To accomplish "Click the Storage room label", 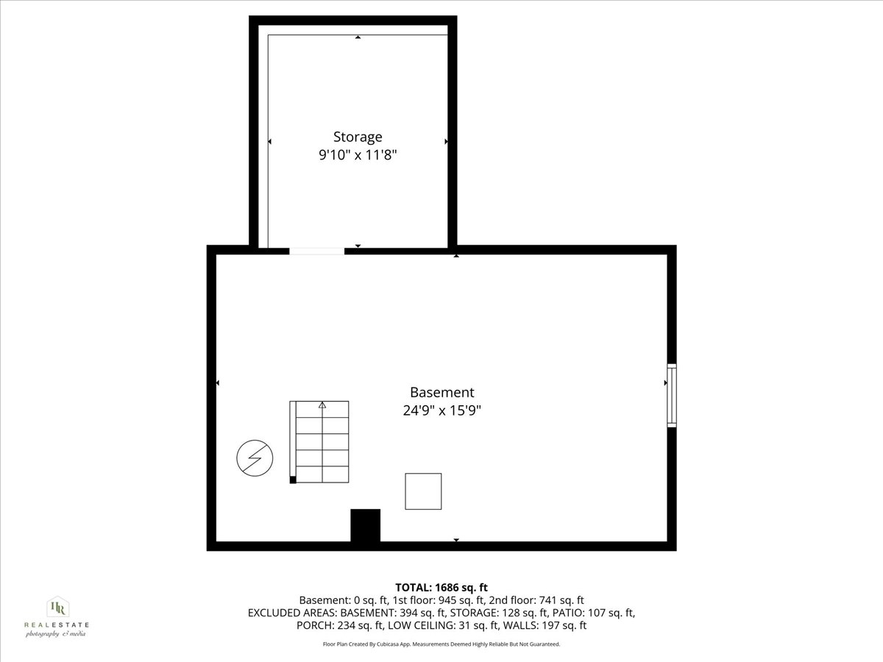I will tap(358, 137).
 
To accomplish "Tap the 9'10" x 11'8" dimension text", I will tap(358, 156).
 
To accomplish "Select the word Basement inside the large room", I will tap(441, 393).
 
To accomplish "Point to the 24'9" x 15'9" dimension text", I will tap(441, 411).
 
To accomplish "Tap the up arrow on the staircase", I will tap(322, 405).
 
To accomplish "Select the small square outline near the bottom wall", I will tap(423, 491).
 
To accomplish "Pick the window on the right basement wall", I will tap(671, 395).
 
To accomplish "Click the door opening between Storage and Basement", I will tap(316, 251).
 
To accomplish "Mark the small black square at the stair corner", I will tap(293, 480).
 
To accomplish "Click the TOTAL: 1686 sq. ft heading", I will tap(441, 587).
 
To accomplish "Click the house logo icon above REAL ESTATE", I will tap(57, 607).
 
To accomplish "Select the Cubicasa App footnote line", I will tap(441, 644).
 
